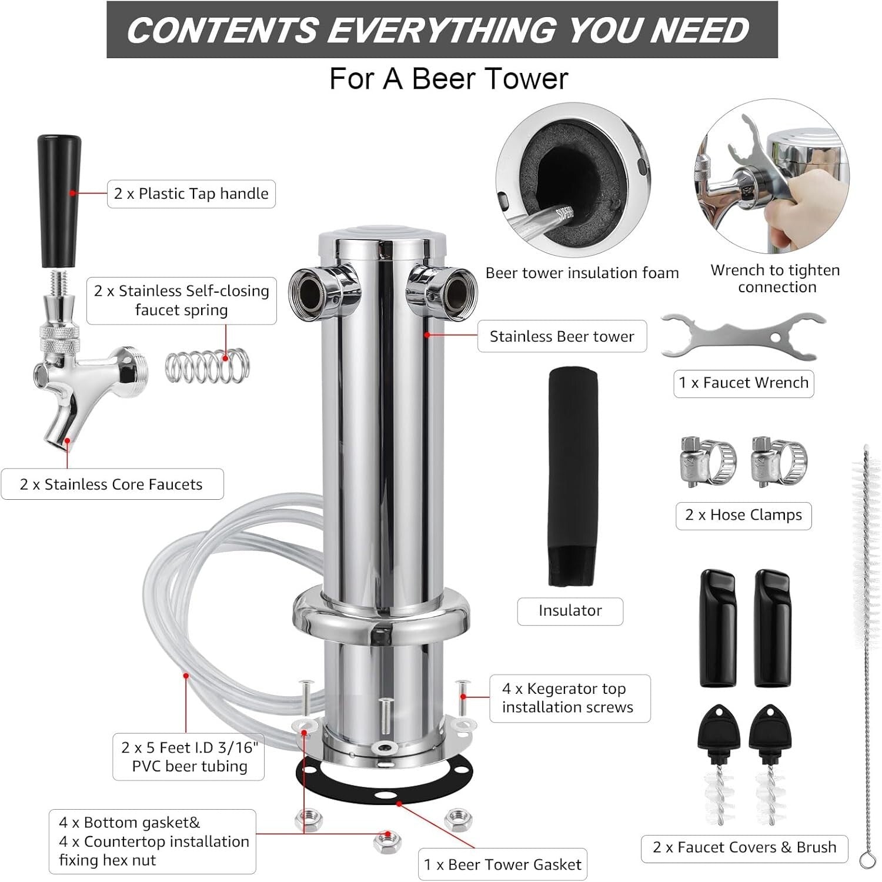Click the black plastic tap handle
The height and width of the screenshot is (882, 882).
pyautogui.click(x=59, y=200)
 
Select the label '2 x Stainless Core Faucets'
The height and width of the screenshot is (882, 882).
pyautogui.click(x=112, y=484)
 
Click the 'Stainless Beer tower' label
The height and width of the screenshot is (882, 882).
pyautogui.click(x=562, y=336)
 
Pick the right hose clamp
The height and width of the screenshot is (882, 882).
pyautogui.click(x=779, y=462)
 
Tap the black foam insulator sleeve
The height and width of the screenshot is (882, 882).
pyautogui.click(x=573, y=476)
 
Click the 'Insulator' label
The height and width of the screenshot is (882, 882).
pyautogui.click(x=570, y=610)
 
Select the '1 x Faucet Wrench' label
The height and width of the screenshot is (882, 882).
pyautogui.click(x=743, y=383)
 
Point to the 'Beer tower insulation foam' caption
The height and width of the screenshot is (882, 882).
pyautogui.click(x=582, y=273)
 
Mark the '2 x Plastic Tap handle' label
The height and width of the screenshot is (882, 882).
pyautogui.click(x=191, y=193)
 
